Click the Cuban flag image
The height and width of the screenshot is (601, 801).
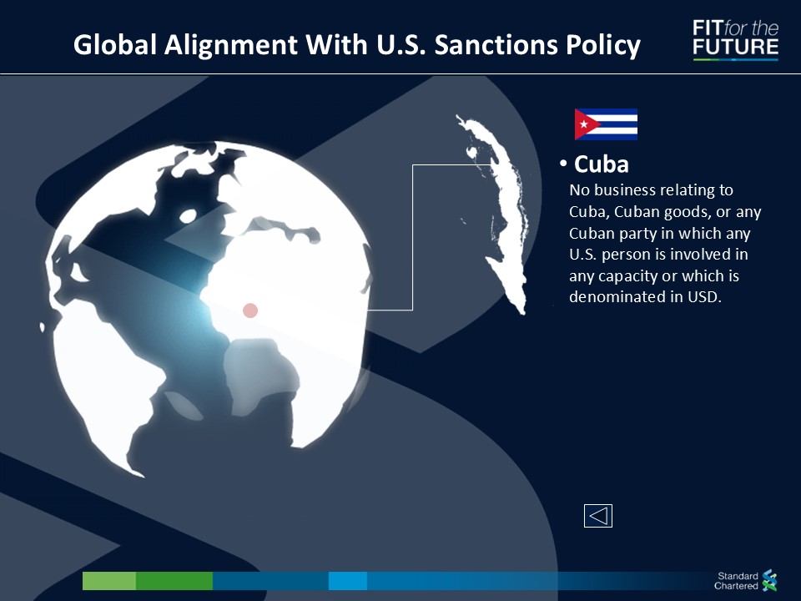pyautogui.click(x=606, y=124)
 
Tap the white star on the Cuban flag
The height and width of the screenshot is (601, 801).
pyautogui.click(x=583, y=124)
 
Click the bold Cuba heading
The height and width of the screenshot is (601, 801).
pyautogui.click(x=602, y=164)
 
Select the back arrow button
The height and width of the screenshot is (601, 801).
pyautogui.click(x=598, y=516)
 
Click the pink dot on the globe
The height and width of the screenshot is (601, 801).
pyautogui.click(x=250, y=311)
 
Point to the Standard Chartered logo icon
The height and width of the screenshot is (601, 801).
pyautogui.click(x=769, y=581)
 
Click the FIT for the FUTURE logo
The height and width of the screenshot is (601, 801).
pyautogui.click(x=736, y=39)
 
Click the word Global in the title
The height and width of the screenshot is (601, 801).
pyautogui.click(x=115, y=44)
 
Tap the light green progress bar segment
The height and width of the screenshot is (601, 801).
pyautogui.click(x=109, y=581)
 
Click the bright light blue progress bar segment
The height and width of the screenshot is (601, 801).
pyautogui.click(x=348, y=581)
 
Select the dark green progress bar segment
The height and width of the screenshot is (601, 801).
pyautogui.click(x=174, y=581)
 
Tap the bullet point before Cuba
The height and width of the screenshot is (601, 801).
pyautogui.click(x=563, y=164)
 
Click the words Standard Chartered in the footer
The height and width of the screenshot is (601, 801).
pyautogui.click(x=736, y=581)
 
